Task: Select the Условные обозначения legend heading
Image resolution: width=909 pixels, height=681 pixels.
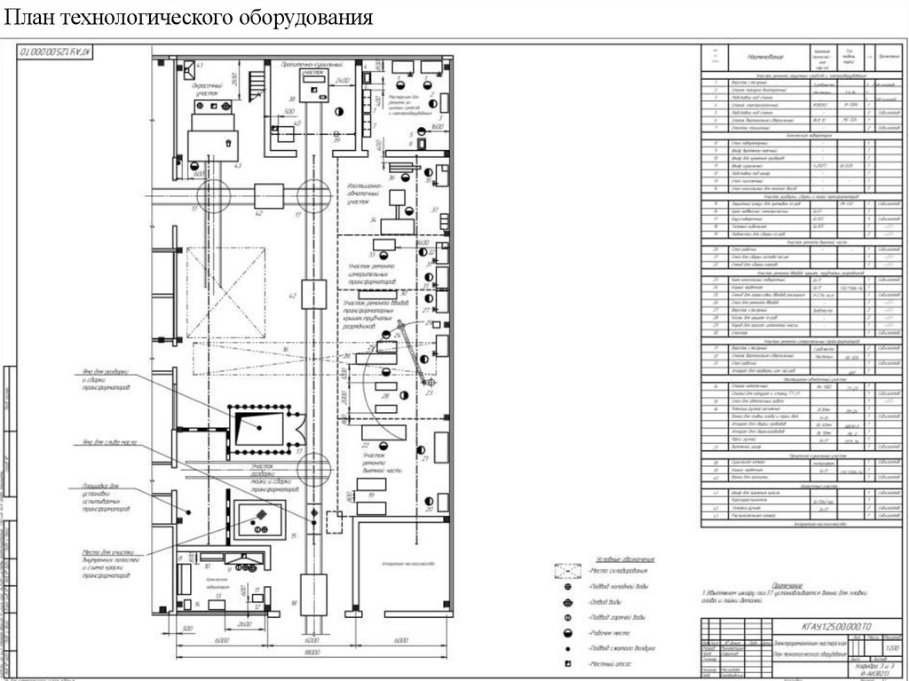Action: point(619,558)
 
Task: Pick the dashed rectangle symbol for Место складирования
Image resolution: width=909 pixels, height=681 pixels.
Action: point(567,572)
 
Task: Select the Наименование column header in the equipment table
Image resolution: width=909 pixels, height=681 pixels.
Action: point(751,57)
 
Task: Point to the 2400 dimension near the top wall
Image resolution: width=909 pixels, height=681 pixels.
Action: point(344,81)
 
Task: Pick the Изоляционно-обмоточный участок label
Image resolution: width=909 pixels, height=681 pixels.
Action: point(364,194)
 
